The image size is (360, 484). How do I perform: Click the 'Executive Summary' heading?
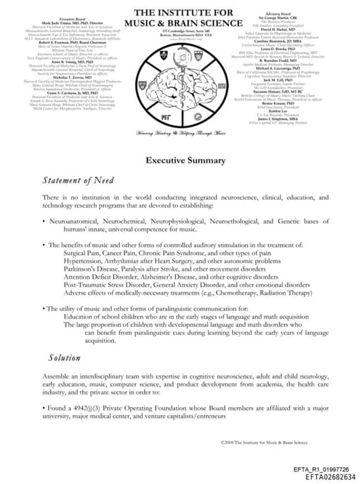coord(179,160)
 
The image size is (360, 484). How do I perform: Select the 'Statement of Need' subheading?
coord(77,181)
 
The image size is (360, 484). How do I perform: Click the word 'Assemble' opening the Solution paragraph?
coord(58,377)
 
